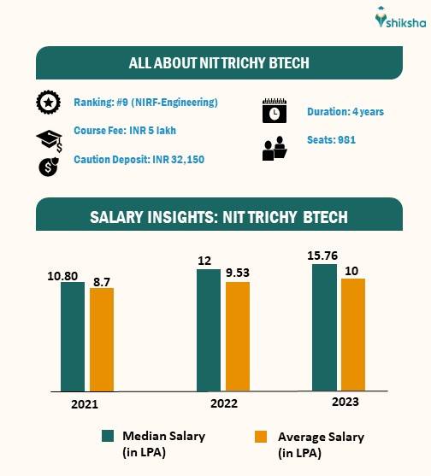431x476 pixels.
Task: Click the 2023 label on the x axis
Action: (345, 402)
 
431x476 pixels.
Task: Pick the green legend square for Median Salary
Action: (108, 436)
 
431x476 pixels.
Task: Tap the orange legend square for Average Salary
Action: (262, 437)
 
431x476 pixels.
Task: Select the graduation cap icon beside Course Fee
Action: (48, 138)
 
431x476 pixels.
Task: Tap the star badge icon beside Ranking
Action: (48, 103)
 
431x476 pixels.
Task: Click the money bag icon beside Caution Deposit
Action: (48, 166)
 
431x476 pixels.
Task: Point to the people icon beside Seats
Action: (274, 149)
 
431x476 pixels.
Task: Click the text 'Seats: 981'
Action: (332, 139)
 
